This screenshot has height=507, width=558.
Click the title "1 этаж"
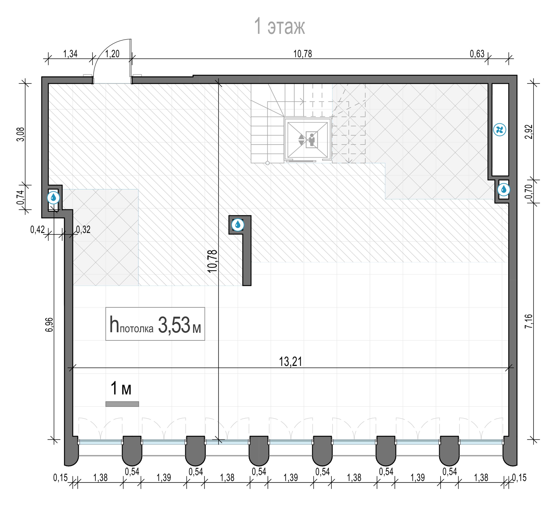click(279, 26)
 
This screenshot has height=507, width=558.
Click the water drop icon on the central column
click(237, 225)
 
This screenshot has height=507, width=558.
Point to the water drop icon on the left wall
click(53, 198)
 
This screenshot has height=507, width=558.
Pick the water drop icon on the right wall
click(504, 190)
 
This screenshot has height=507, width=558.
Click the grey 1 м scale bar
click(122, 404)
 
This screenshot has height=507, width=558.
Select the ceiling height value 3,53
click(174, 325)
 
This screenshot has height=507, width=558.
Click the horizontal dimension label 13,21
click(290, 362)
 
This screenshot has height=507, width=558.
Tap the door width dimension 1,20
click(112, 54)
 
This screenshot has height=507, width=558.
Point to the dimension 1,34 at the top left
click(70, 54)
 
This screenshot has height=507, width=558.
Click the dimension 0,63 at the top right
click(477, 54)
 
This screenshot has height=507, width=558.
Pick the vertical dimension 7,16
click(528, 321)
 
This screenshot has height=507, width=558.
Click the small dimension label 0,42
click(37, 230)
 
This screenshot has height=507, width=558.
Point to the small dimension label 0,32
click(83, 230)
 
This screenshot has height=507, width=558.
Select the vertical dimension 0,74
click(21, 197)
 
